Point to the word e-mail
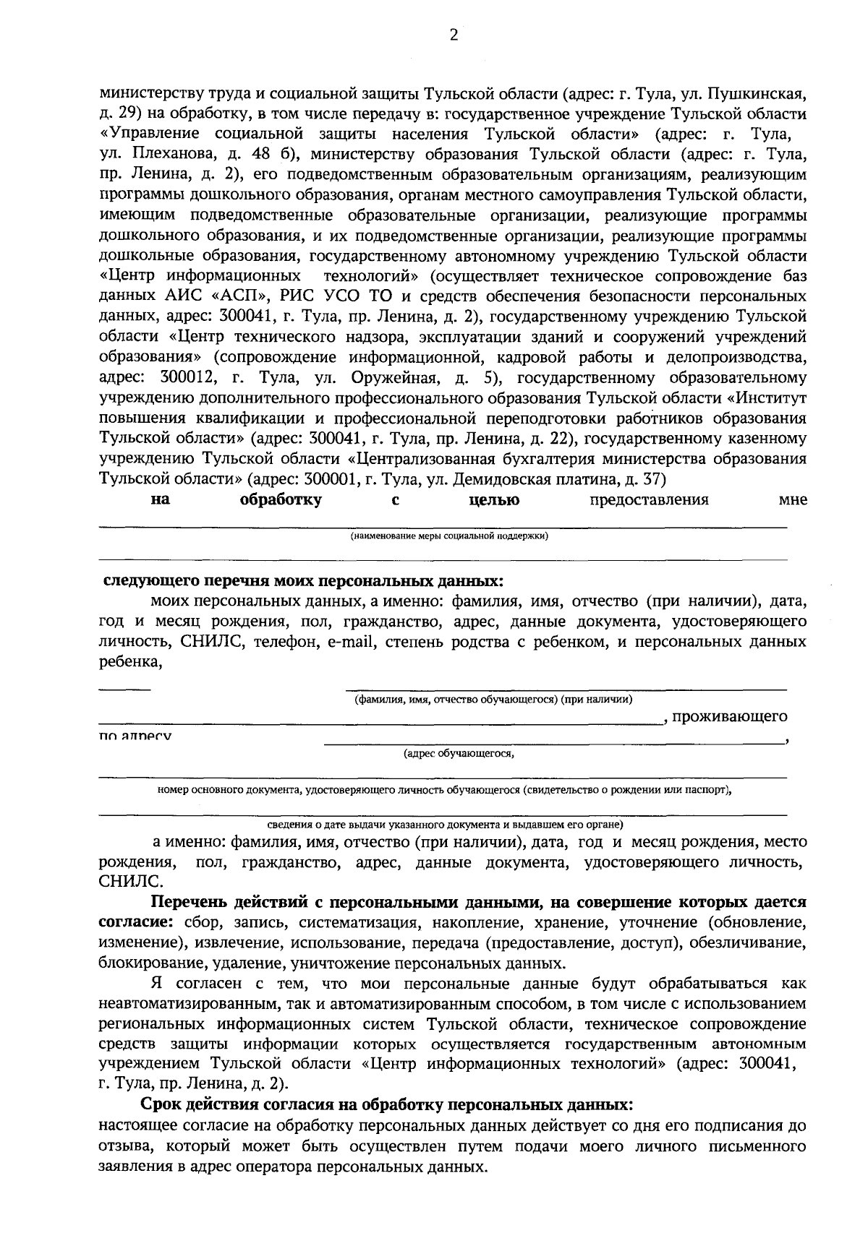click(x=349, y=642)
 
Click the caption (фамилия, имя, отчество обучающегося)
click(x=493, y=699)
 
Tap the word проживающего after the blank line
click(x=730, y=716)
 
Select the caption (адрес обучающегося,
click(x=459, y=754)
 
